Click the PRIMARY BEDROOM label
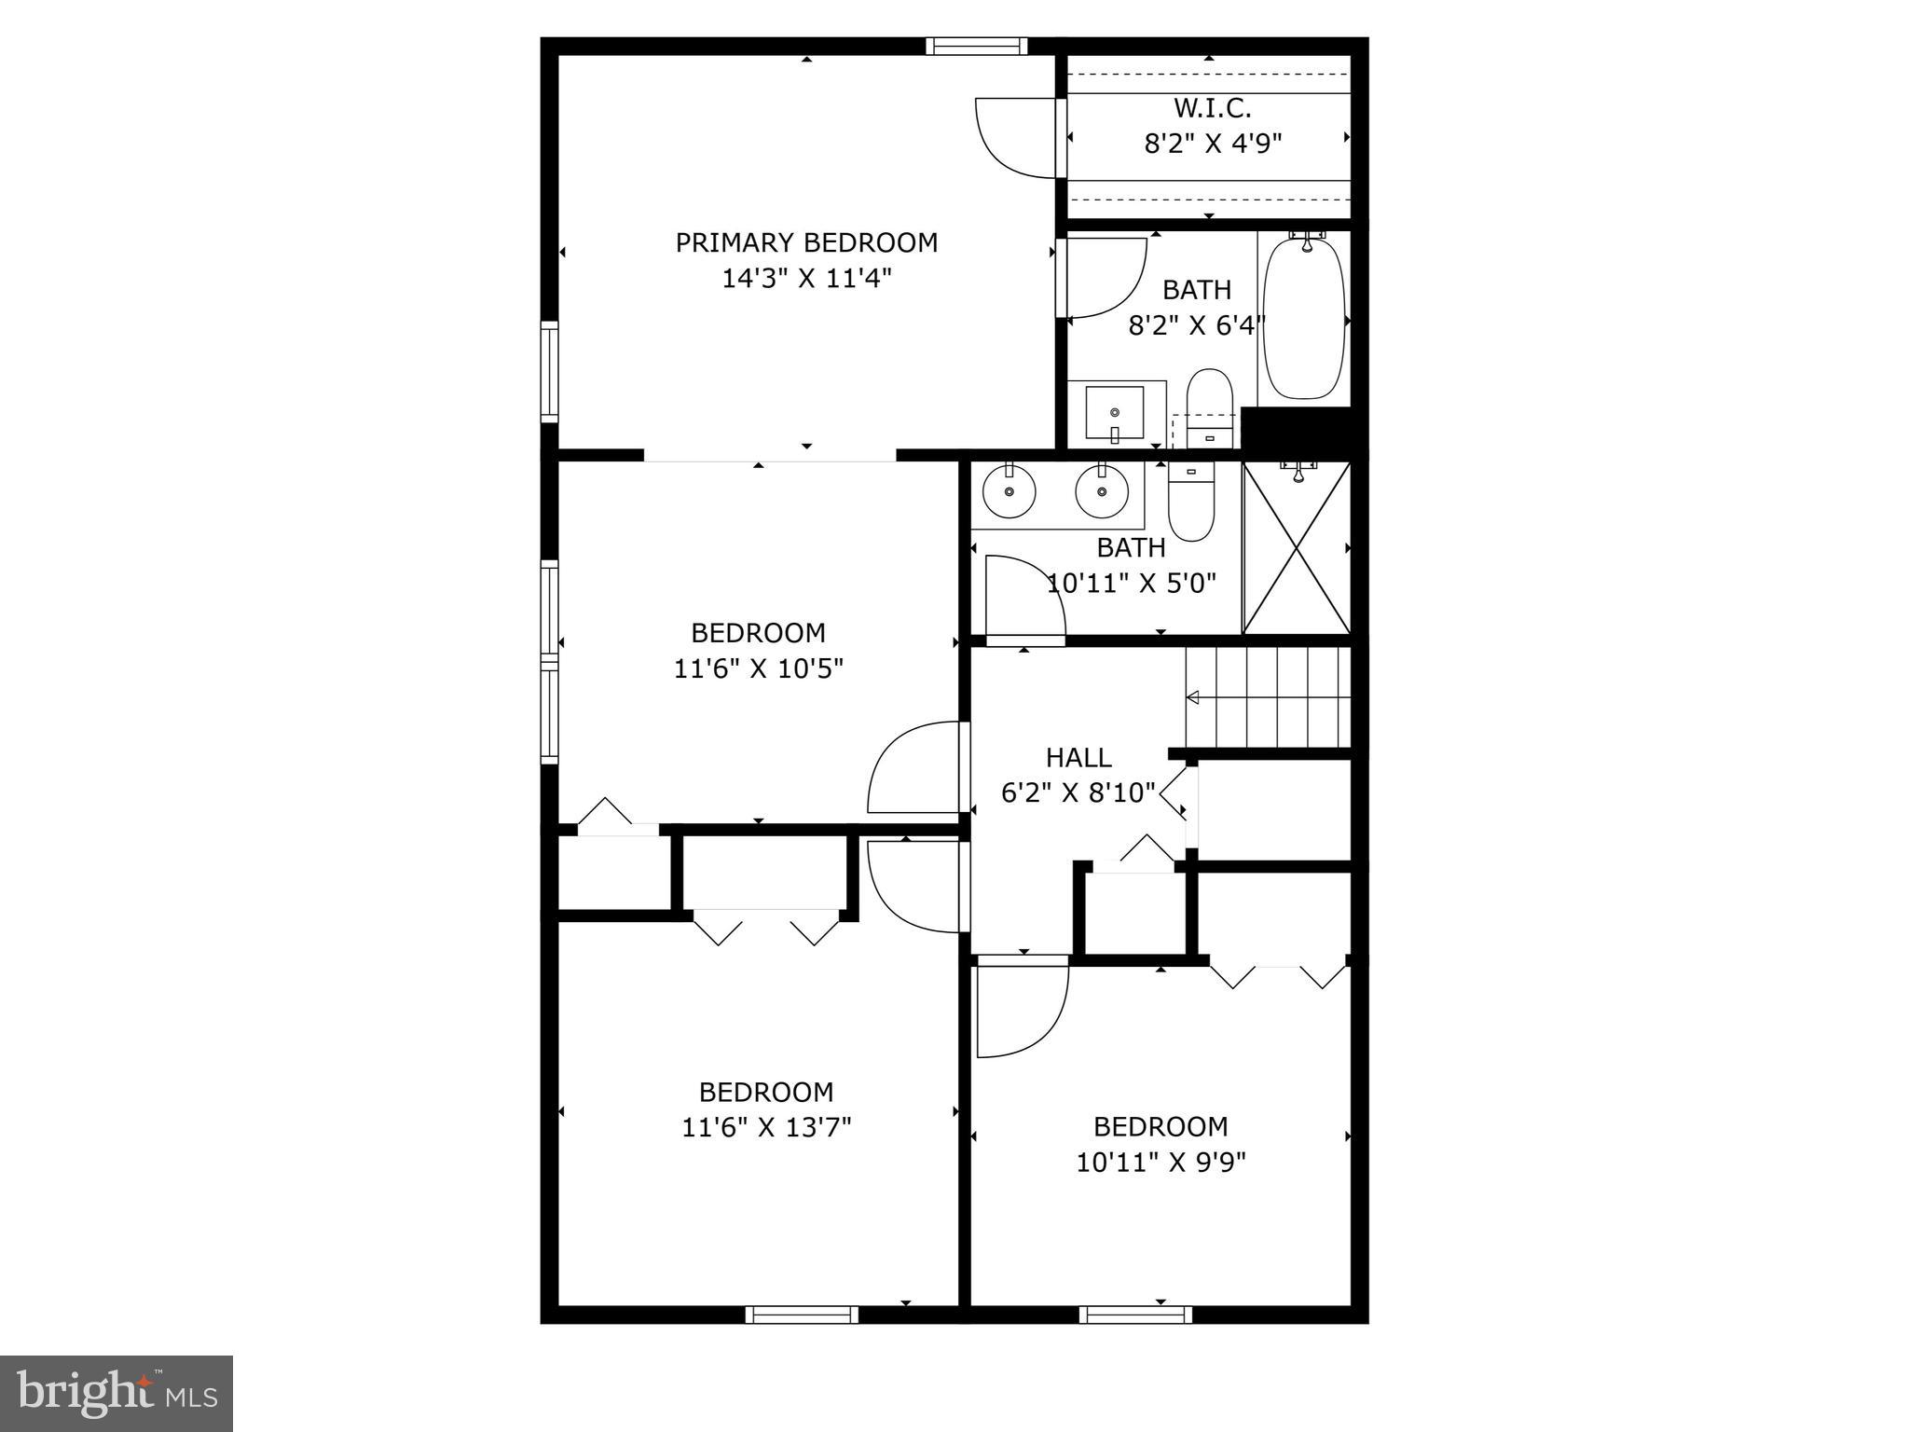[x=806, y=242]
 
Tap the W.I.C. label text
[x=1212, y=108]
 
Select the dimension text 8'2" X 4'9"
[x=1213, y=144]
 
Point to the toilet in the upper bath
[x=1210, y=406]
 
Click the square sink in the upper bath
[x=1115, y=413]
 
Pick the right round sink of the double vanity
[x=1102, y=491]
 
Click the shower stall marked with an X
[x=1297, y=548]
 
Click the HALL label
[x=1078, y=757]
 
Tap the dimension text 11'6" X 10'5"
[x=759, y=668]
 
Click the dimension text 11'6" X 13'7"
[x=766, y=1127]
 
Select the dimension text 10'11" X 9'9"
[x=1161, y=1162]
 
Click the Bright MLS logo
[x=117, y=1393]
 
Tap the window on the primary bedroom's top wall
[x=976, y=46]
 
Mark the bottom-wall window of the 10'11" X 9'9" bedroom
[x=1135, y=1315]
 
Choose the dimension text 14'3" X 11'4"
[x=807, y=278]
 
